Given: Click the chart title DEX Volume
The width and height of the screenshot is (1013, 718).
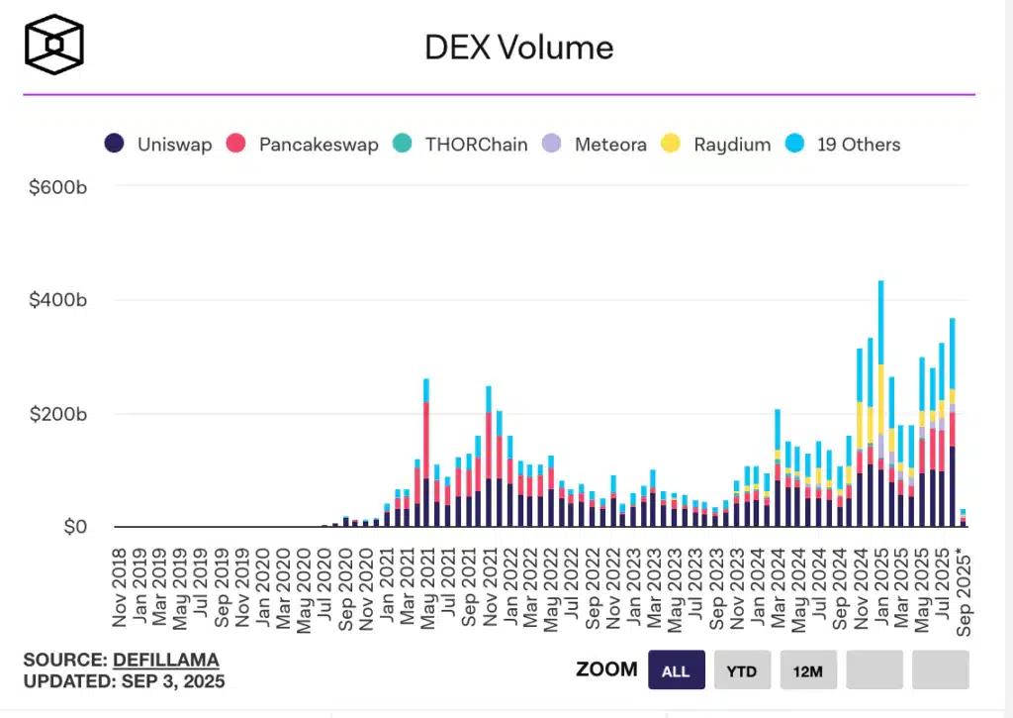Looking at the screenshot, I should [519, 47].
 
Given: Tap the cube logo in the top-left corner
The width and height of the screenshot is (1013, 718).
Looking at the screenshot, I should [54, 45].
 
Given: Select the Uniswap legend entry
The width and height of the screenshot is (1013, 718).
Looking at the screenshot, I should [158, 145].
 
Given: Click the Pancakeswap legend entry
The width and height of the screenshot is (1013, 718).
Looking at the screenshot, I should [304, 145].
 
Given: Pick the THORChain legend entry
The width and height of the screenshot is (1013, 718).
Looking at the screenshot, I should [461, 145].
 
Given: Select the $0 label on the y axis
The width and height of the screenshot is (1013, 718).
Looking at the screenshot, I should [71, 528].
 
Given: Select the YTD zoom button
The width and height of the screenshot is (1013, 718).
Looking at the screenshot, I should [741, 670].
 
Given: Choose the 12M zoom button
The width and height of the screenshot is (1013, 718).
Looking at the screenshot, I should [807, 670].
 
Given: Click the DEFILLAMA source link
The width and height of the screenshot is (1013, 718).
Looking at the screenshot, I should [166, 660].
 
